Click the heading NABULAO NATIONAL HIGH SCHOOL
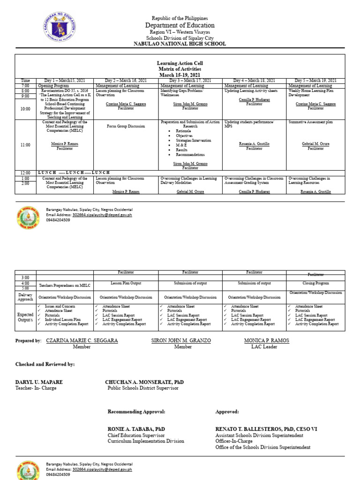click(180, 44)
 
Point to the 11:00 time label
click(25, 145)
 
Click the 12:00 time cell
click(25, 173)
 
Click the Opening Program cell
click(53, 86)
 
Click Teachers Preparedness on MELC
click(65, 285)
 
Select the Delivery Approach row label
click(25, 297)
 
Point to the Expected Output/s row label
click(25, 317)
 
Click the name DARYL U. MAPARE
click(39, 382)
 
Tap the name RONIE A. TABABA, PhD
click(136, 429)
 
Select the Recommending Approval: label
click(136, 412)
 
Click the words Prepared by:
click(29, 340)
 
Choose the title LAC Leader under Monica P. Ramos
click(264, 347)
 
